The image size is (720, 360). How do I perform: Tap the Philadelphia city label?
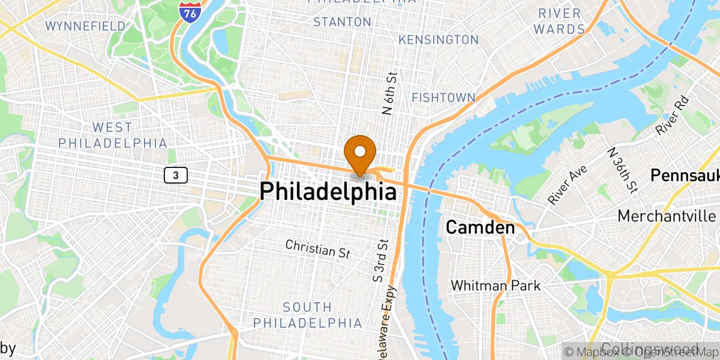pyautogui.click(x=328, y=192)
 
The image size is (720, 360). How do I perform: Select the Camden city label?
pyautogui.click(x=479, y=228)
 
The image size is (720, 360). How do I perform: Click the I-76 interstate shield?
pyautogui.click(x=190, y=11)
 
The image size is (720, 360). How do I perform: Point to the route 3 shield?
pyautogui.click(x=175, y=175)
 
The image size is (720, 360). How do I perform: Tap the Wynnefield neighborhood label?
pyautogui.click(x=86, y=26)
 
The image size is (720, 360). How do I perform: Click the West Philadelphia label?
pyautogui.click(x=112, y=135)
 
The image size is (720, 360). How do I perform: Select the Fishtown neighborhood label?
pyautogui.click(x=443, y=97)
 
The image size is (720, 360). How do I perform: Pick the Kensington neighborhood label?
pyautogui.click(x=439, y=40)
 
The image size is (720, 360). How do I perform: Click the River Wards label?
pyautogui.click(x=559, y=20)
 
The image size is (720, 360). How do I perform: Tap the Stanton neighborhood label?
pyautogui.click(x=342, y=22)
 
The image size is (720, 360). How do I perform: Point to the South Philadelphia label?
pyautogui.click(x=307, y=315)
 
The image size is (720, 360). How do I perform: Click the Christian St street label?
pyautogui.click(x=317, y=248)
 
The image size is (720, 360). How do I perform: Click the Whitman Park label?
pyautogui.click(x=495, y=286)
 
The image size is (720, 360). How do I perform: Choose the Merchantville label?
pyautogui.click(x=667, y=215)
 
